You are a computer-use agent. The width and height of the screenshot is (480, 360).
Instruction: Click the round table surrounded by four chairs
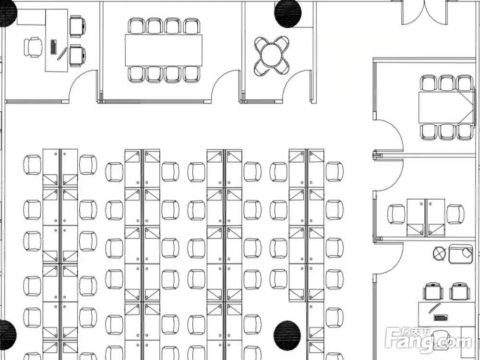(x=272, y=55)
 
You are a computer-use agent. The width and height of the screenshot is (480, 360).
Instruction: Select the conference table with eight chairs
(x=163, y=50)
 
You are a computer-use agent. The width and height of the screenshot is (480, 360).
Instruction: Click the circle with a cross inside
(x=439, y=252)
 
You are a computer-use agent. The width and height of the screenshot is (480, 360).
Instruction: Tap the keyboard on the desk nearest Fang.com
(x=440, y=317)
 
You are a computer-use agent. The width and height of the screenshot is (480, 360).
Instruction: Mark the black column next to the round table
(x=288, y=13)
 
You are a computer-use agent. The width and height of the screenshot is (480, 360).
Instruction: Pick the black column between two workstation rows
(x=287, y=335)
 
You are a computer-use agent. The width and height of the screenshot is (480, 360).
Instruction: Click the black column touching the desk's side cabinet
(x=8, y=13)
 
